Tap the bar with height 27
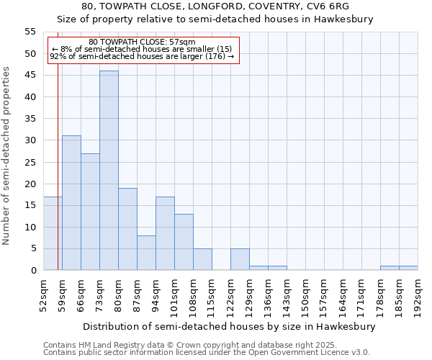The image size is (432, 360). (90, 212)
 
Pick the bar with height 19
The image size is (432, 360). (127, 229)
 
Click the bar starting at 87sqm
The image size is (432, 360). (146, 253)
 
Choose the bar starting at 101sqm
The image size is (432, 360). (184, 242)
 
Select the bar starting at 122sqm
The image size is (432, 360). (240, 259)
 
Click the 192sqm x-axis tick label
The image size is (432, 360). (419, 296)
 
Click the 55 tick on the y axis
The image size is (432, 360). (30, 32)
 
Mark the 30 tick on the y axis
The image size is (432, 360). (30, 140)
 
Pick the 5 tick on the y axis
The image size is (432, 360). (33, 248)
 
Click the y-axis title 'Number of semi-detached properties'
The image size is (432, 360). (6, 156)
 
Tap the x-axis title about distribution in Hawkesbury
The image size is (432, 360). (230, 326)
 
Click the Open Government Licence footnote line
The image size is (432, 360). (207, 352)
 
